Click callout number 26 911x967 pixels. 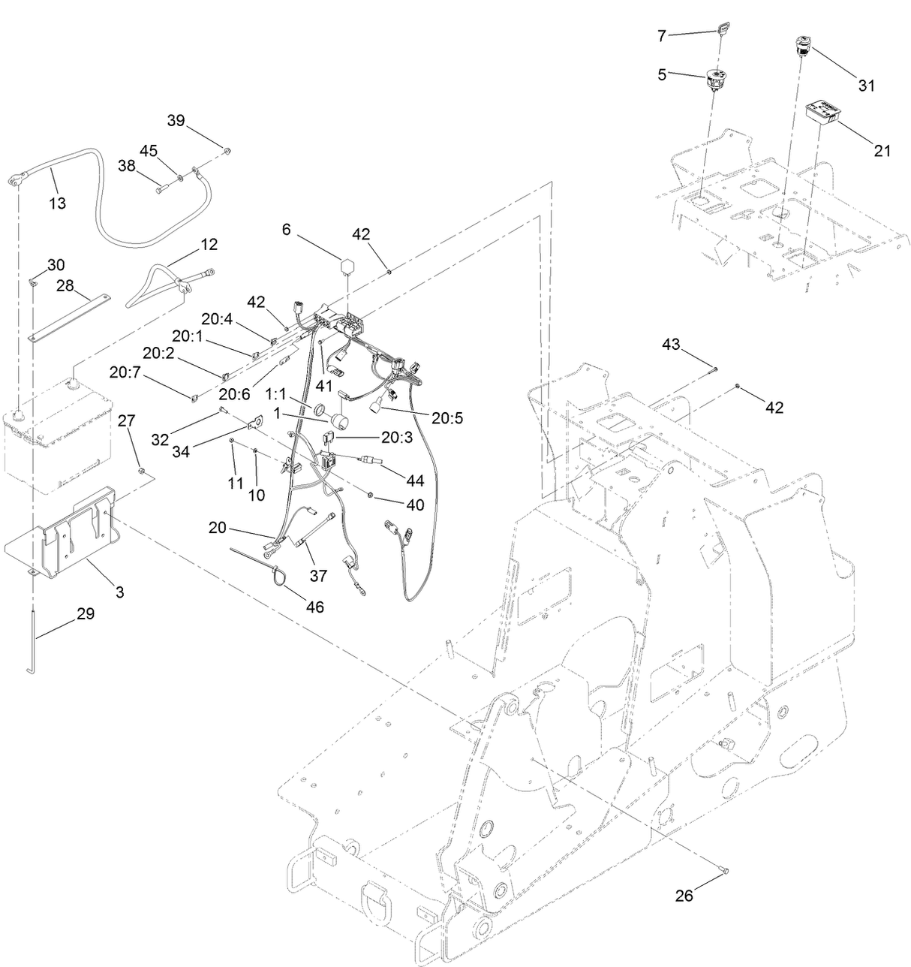click(684, 896)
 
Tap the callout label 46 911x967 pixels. click(316, 606)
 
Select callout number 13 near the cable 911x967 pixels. click(57, 203)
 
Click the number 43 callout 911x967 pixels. click(671, 345)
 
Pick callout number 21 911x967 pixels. click(882, 150)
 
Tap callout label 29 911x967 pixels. click(86, 613)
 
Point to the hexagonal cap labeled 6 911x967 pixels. click(347, 267)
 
